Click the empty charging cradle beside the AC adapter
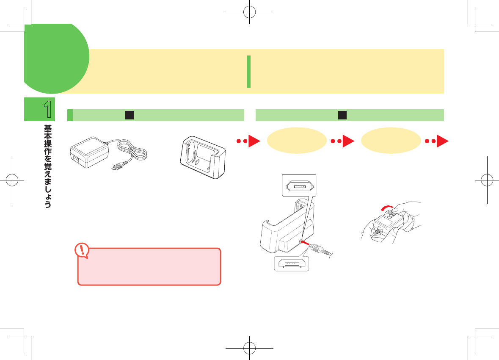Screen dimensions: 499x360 (x=202, y=159)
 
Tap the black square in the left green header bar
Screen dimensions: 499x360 (x=130, y=115)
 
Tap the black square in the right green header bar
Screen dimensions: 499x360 (x=342, y=115)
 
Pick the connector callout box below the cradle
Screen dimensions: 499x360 (x=291, y=263)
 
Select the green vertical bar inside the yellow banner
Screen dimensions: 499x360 (x=249, y=72)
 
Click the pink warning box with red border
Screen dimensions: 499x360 (x=149, y=266)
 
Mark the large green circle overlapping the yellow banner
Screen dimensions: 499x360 (x=56, y=58)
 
